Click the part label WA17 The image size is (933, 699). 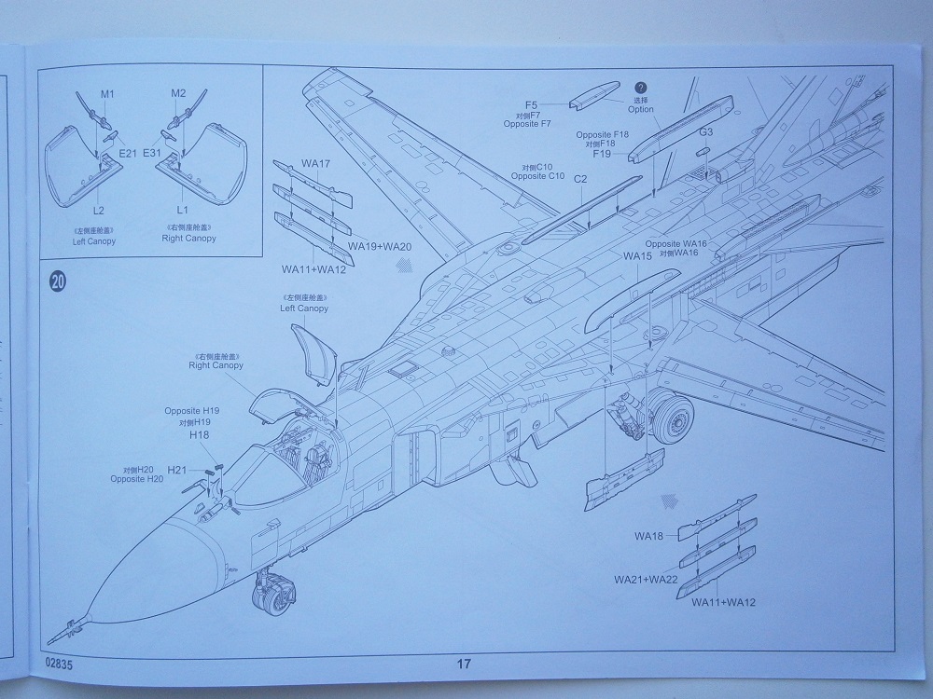(316, 164)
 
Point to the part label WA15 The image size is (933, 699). (637, 255)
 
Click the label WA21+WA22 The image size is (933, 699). (646, 579)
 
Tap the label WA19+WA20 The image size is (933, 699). (380, 245)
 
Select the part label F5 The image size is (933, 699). (532, 104)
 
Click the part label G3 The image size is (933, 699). (706, 132)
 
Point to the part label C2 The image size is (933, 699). (579, 178)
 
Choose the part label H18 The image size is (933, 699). (199, 434)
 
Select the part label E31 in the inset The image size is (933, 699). (153, 152)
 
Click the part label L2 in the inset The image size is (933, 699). (98, 212)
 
